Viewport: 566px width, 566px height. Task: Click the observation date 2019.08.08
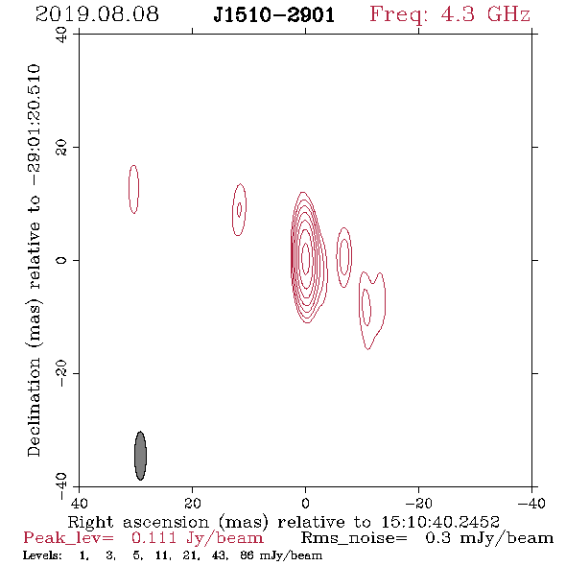(97, 14)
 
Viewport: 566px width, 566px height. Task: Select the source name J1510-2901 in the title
(274, 15)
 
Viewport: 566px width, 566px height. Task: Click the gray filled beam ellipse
(140, 456)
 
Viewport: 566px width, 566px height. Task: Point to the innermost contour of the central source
(306, 258)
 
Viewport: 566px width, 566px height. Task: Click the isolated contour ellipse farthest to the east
(133, 189)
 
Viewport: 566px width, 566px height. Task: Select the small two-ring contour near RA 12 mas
(239, 210)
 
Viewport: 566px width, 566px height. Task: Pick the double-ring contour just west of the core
(344, 257)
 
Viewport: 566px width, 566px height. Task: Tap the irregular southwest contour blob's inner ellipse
(366, 307)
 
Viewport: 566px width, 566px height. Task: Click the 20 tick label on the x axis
(193, 504)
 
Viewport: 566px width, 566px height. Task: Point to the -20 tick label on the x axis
(419, 504)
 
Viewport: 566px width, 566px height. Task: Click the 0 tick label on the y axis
(61, 260)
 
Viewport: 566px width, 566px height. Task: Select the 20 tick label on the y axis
(61, 148)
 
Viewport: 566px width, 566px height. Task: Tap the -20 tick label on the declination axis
(61, 373)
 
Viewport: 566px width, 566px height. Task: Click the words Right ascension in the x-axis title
(138, 522)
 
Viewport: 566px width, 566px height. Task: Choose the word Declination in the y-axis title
(34, 407)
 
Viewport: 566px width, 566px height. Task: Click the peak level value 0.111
(153, 538)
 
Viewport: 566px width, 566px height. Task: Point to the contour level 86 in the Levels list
(248, 554)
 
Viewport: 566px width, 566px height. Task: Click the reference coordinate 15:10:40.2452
(440, 522)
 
